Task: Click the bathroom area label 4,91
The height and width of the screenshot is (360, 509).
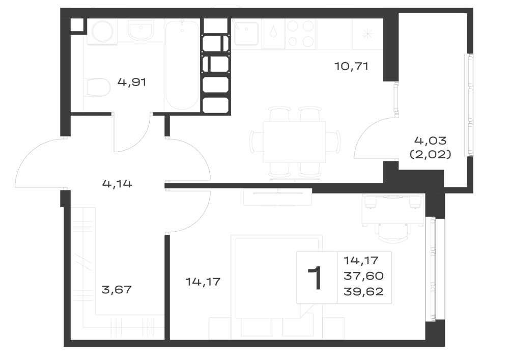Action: point(132,82)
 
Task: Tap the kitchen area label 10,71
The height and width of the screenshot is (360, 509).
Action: point(351,67)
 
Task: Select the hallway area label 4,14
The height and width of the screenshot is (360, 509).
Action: point(117,184)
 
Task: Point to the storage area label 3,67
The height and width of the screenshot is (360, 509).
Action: point(117,289)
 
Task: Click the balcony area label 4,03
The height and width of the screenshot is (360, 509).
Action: point(431,141)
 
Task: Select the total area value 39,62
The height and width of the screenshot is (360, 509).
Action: point(363,291)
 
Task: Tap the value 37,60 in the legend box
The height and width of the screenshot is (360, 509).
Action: point(363,276)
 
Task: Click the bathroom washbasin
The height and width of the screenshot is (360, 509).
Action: point(140,31)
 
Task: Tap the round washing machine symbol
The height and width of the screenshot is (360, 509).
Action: point(102,32)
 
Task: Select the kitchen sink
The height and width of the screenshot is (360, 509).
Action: point(246,34)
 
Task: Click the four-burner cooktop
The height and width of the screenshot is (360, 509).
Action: point(301,34)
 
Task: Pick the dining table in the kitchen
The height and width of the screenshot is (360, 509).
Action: point(294,142)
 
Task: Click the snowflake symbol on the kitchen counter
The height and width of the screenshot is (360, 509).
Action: point(367,34)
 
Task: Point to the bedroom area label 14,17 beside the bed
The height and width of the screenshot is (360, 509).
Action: point(203,282)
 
